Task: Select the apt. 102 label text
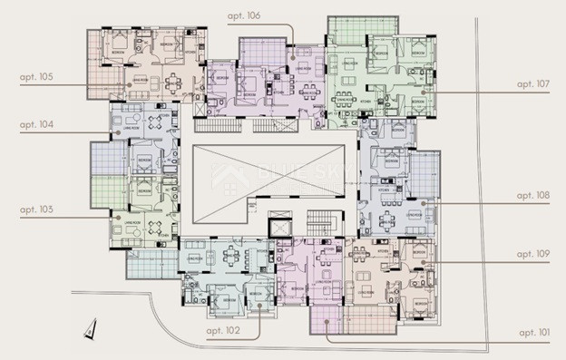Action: click(x=220, y=332)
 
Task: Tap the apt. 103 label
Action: click(x=35, y=210)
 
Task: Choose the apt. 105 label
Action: click(x=35, y=78)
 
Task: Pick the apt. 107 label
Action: click(x=532, y=83)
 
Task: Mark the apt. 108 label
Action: click(x=532, y=195)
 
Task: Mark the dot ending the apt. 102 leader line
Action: click(x=260, y=306)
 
